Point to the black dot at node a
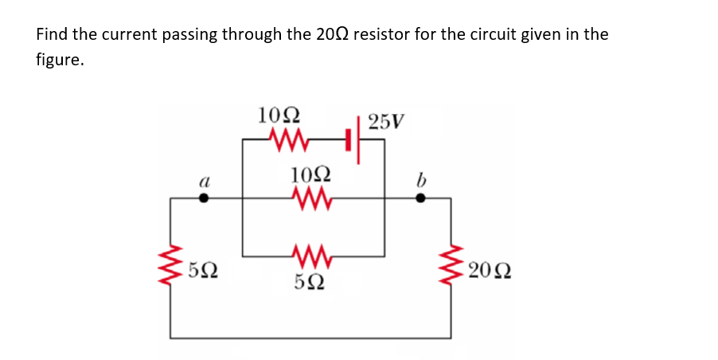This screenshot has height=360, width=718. (204, 199)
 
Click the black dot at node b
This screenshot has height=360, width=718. (420, 199)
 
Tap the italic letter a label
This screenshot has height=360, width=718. (203, 181)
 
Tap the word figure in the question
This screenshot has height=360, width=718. (60, 60)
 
